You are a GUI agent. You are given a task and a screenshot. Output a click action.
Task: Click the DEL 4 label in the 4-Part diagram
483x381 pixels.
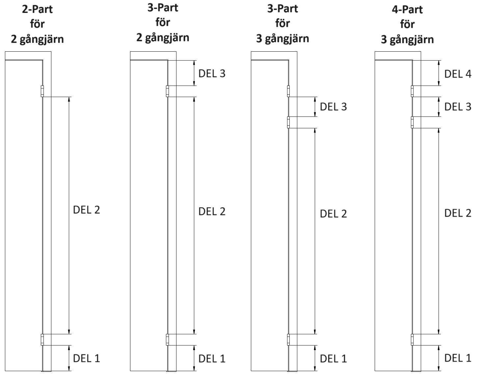click(x=458, y=74)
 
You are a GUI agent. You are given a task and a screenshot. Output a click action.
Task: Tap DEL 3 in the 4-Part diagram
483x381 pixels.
click(x=458, y=107)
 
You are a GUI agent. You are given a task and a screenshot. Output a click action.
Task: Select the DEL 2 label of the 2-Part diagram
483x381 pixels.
click(x=86, y=210)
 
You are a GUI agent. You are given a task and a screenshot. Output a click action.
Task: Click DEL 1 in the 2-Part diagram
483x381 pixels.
click(x=86, y=358)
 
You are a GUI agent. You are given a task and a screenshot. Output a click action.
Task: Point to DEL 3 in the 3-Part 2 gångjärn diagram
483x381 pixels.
click(x=212, y=73)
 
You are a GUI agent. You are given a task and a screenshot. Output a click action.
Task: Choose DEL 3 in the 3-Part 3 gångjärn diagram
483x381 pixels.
click(x=333, y=107)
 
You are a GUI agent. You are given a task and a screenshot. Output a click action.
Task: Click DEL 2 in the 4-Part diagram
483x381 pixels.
click(x=458, y=213)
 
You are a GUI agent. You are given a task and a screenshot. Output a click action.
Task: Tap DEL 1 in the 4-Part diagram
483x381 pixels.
click(x=458, y=358)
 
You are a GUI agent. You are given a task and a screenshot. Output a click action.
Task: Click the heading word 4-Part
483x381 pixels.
click(x=407, y=10)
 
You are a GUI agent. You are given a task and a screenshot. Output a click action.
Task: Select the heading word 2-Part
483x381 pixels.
click(x=37, y=9)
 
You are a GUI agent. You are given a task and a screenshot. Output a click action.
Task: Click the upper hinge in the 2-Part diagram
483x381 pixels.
click(x=42, y=91)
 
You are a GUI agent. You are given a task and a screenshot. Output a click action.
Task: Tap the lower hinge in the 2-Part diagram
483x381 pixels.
click(x=42, y=340)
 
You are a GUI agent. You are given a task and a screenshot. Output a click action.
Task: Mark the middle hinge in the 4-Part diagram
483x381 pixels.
click(x=412, y=122)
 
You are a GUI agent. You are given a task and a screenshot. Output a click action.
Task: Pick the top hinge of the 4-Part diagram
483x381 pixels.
click(x=412, y=91)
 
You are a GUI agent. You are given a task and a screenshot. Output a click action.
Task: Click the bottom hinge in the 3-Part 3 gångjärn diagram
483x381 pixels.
click(x=288, y=340)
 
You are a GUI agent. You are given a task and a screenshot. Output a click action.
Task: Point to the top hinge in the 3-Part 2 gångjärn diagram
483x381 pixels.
click(x=167, y=91)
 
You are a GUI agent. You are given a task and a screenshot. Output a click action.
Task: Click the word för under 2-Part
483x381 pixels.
click(x=37, y=24)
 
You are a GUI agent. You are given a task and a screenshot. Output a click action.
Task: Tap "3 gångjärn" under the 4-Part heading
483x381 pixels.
click(x=407, y=39)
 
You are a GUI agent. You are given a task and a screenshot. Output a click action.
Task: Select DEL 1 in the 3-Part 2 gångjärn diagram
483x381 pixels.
click(x=212, y=358)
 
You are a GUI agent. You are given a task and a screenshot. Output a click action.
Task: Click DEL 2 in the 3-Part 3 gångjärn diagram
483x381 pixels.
click(x=333, y=214)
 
